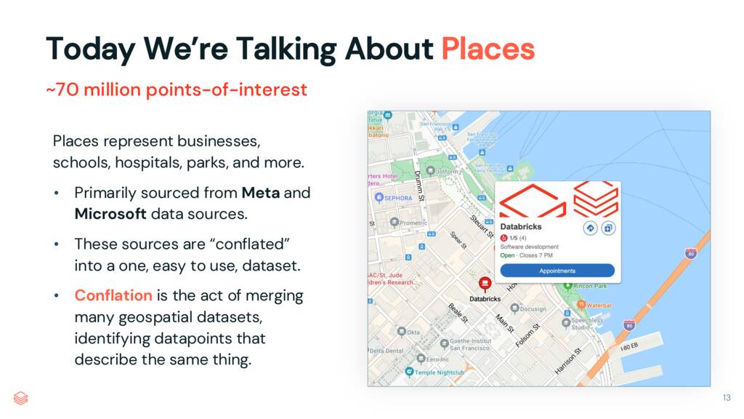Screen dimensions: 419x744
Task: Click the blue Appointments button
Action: click(x=557, y=271)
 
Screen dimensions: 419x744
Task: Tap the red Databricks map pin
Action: click(x=485, y=284)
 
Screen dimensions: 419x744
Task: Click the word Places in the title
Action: click(x=488, y=49)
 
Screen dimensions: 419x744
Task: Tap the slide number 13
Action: click(x=726, y=397)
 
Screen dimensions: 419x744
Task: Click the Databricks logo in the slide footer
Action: click(x=21, y=397)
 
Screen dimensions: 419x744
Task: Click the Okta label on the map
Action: click(x=413, y=332)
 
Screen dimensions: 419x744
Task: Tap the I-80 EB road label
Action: click(x=630, y=349)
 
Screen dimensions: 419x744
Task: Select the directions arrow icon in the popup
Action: click(x=590, y=228)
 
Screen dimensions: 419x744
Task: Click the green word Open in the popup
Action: click(x=507, y=255)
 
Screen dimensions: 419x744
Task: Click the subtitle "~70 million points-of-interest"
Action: click(x=177, y=90)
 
